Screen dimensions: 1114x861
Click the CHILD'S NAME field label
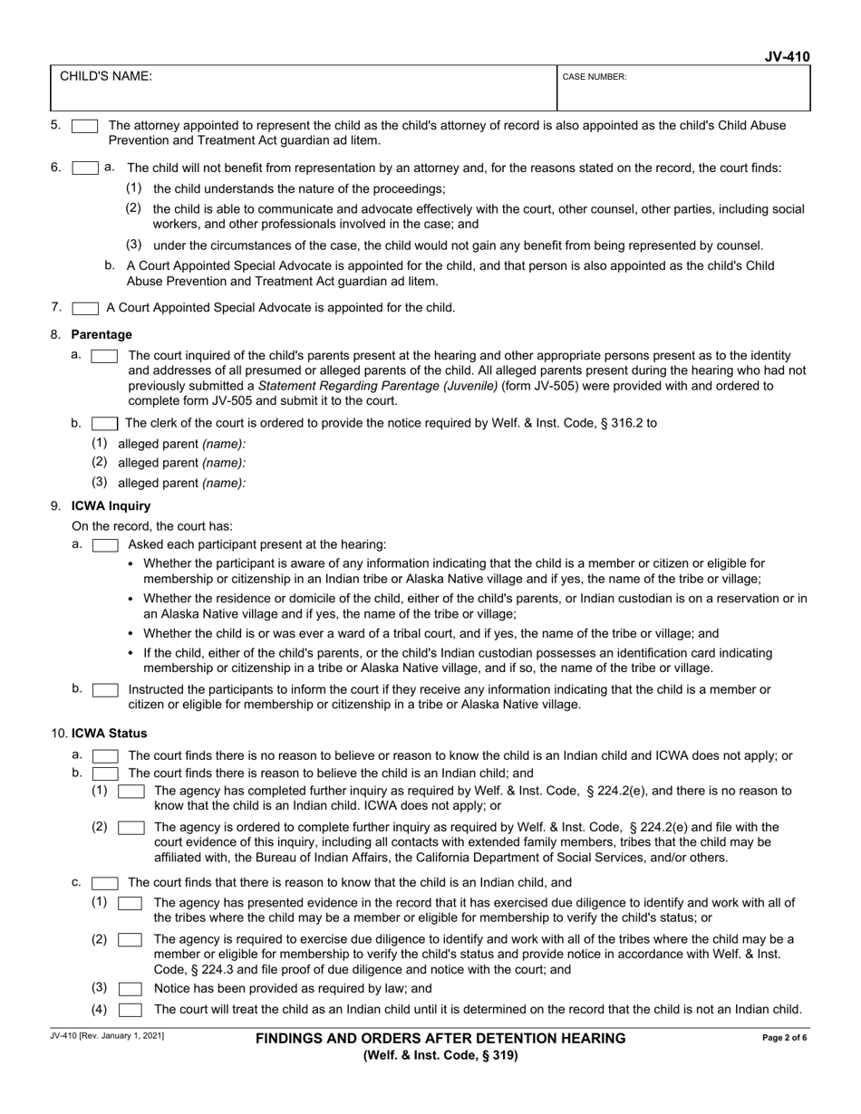[106, 77]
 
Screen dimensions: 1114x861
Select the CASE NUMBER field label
[595, 78]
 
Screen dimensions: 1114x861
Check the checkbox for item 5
[85, 127]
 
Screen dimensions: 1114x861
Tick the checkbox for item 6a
[85, 168]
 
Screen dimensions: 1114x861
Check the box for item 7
[85, 308]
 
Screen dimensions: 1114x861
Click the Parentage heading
[102, 335]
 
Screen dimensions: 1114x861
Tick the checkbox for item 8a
[105, 357]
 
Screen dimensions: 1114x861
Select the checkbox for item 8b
[105, 423]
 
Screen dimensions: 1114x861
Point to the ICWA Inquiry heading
[111, 506]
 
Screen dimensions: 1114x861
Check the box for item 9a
[105, 545]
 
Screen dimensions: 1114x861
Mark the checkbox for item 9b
[105, 690]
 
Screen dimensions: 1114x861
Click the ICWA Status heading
[109, 734]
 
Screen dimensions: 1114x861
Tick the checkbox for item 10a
[105, 756]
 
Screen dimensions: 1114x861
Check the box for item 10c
[105, 883]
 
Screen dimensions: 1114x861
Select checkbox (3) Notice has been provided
[131, 989]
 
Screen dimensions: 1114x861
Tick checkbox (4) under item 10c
[131, 1010]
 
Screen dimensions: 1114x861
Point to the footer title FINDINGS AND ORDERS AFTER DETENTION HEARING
[440, 1039]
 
